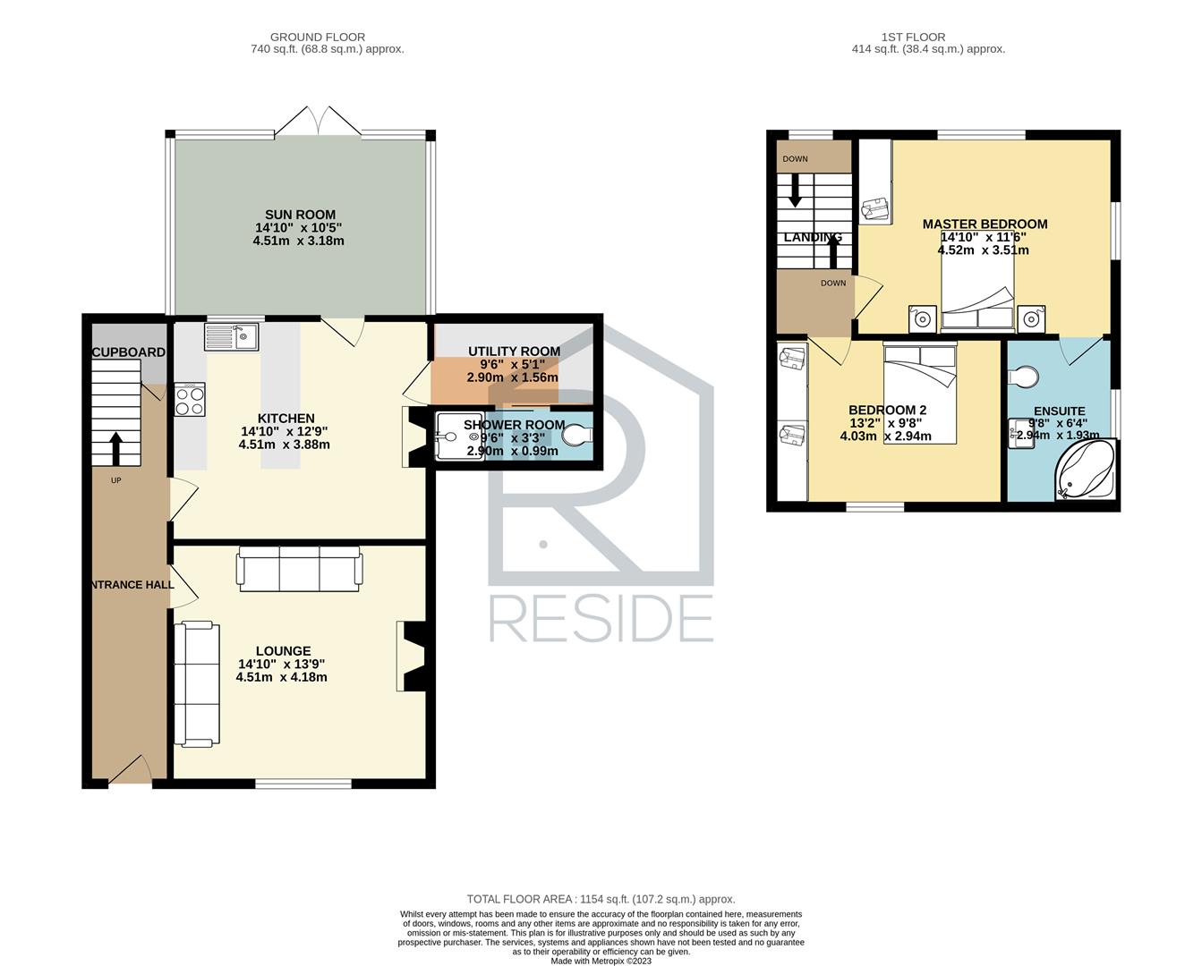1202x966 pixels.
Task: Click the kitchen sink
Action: [231, 336]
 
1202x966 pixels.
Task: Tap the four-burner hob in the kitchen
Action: [190, 399]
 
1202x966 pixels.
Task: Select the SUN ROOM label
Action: [300, 215]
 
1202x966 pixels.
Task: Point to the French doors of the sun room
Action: [318, 121]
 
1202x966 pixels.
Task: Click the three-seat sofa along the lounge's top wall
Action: [300, 569]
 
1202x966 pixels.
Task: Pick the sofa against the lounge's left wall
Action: [197, 684]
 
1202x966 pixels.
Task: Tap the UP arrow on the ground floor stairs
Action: [115, 449]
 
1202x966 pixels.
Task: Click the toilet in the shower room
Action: [577, 436]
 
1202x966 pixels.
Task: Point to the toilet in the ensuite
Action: [1024, 376]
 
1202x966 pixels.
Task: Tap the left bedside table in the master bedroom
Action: [922, 318]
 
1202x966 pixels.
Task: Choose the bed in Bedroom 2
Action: [920, 393]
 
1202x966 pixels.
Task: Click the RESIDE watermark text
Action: [601, 618]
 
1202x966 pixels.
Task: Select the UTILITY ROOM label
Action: [514, 352]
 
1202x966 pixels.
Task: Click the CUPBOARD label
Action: [129, 352]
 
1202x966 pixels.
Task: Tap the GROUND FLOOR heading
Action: [318, 37]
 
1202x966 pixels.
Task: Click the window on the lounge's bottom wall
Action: [303, 784]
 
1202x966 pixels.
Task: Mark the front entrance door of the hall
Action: [130, 771]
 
